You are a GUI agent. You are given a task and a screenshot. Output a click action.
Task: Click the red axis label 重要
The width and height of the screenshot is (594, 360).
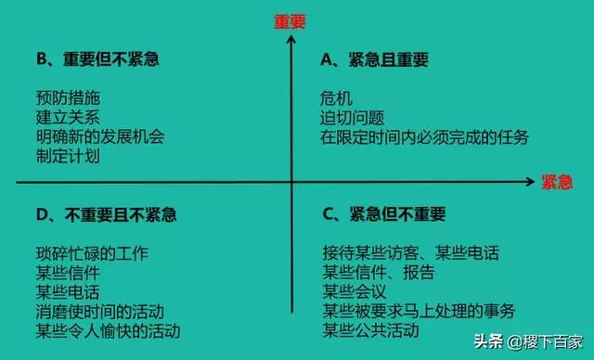291,20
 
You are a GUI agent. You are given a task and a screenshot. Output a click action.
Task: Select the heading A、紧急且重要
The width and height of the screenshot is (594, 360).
374,59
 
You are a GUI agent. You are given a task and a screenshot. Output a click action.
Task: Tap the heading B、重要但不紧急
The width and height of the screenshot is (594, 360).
98,59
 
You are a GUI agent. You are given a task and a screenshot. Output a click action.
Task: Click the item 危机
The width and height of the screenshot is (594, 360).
337,97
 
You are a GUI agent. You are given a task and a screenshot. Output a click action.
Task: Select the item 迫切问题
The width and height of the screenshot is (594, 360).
353,117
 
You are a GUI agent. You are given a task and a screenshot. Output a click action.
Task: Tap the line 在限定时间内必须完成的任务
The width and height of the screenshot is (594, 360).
425,137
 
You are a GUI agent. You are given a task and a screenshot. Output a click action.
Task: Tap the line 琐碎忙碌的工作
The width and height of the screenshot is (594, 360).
90,252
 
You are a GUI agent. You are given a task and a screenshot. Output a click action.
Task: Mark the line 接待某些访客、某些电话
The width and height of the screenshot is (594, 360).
410,252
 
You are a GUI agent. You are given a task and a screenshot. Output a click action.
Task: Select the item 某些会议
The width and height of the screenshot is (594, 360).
353,291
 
